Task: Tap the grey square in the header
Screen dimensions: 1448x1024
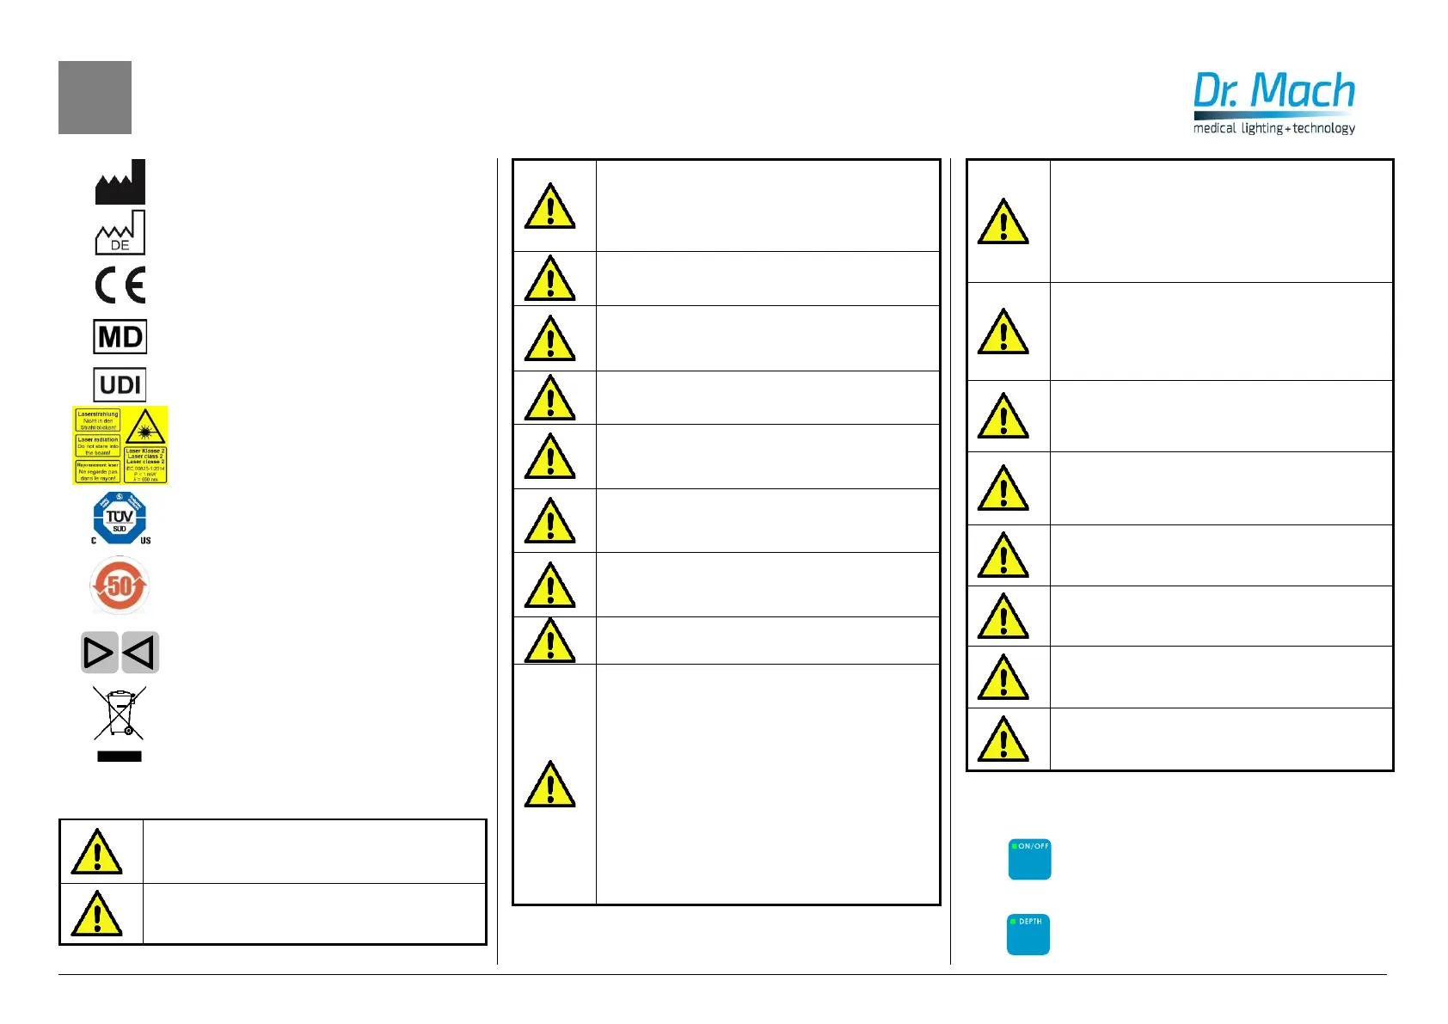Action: click(95, 97)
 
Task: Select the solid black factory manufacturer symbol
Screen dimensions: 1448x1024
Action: click(120, 181)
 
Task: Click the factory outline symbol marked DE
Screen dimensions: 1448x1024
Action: click(120, 232)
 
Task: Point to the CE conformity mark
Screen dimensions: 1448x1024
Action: click(120, 285)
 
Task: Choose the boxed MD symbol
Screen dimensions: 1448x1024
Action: click(120, 336)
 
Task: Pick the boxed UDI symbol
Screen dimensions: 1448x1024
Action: click(120, 384)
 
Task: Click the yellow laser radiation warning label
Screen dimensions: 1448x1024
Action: click(120, 445)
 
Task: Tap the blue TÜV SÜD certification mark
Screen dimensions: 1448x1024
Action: click(120, 518)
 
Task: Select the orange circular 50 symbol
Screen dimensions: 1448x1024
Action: click(120, 586)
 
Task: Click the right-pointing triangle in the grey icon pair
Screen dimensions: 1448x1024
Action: click(98, 653)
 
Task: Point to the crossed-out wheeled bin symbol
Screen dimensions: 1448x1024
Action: click(120, 713)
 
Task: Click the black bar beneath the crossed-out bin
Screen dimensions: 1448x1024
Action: click(120, 757)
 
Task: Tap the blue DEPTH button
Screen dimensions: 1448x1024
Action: click(1028, 935)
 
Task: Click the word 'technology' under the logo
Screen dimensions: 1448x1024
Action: click(1324, 128)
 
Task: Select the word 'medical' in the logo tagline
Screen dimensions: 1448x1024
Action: click(1214, 128)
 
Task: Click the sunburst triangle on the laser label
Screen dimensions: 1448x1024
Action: click(145, 427)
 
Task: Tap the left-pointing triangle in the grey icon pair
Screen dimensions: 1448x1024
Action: click(140, 653)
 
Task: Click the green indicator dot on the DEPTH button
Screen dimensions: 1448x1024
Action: click(1014, 922)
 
